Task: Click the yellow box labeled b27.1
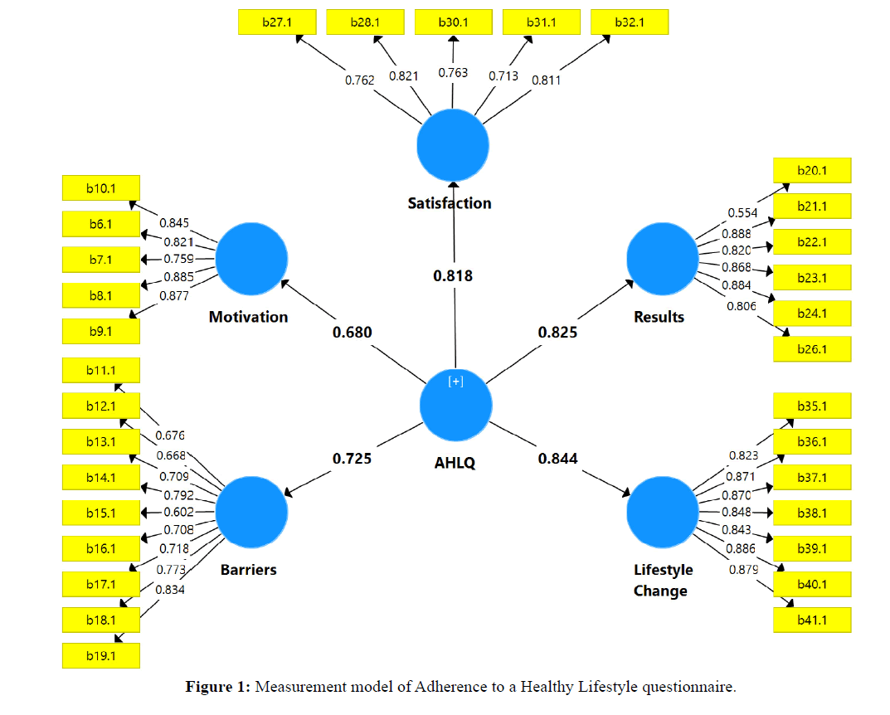pyautogui.click(x=276, y=22)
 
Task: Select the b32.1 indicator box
pyautogui.click(x=630, y=22)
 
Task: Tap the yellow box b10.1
pyautogui.click(x=101, y=188)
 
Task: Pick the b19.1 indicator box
pyautogui.click(x=101, y=655)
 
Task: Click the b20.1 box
pyautogui.click(x=812, y=171)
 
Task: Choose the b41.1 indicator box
pyautogui.click(x=812, y=620)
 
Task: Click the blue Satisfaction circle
pyautogui.click(x=453, y=145)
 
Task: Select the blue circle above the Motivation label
pyautogui.click(x=251, y=260)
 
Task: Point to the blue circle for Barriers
pyautogui.click(x=251, y=512)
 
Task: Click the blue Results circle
pyautogui.click(x=663, y=260)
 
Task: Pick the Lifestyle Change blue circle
pyautogui.click(x=663, y=512)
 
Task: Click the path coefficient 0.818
pyautogui.click(x=453, y=275)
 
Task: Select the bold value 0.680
pyautogui.click(x=352, y=333)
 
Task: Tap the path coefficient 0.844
pyautogui.click(x=557, y=458)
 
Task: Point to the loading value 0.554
pyautogui.click(x=742, y=213)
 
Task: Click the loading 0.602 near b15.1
pyautogui.click(x=178, y=513)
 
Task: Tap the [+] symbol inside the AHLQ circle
pyautogui.click(x=455, y=382)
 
